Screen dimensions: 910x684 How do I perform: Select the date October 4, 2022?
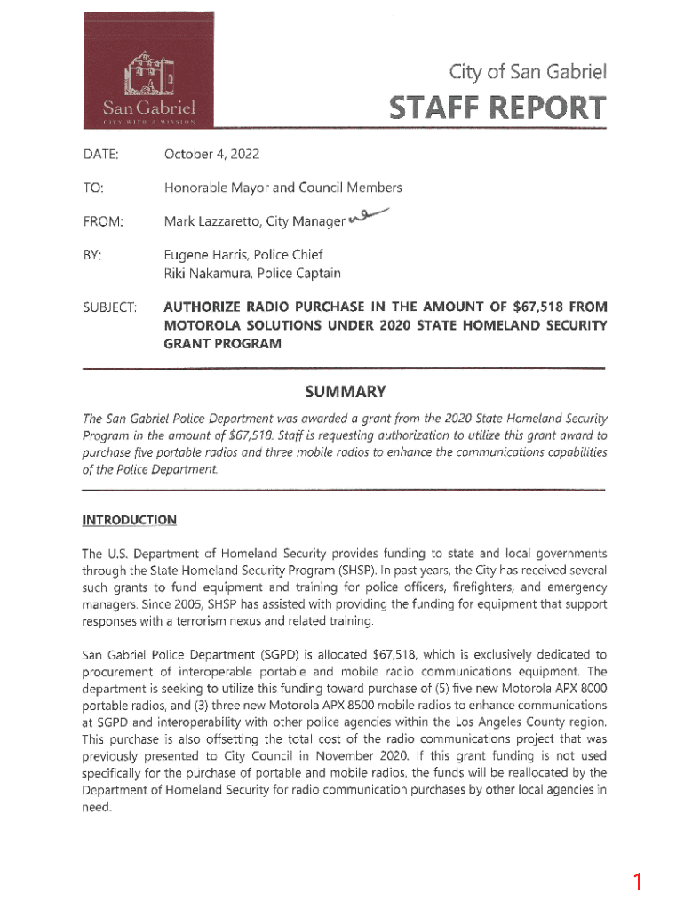211,155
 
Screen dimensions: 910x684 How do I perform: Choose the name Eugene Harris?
203,255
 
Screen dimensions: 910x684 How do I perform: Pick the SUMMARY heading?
345,392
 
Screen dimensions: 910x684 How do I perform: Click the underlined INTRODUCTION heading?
129,521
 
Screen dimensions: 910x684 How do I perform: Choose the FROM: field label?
103,220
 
